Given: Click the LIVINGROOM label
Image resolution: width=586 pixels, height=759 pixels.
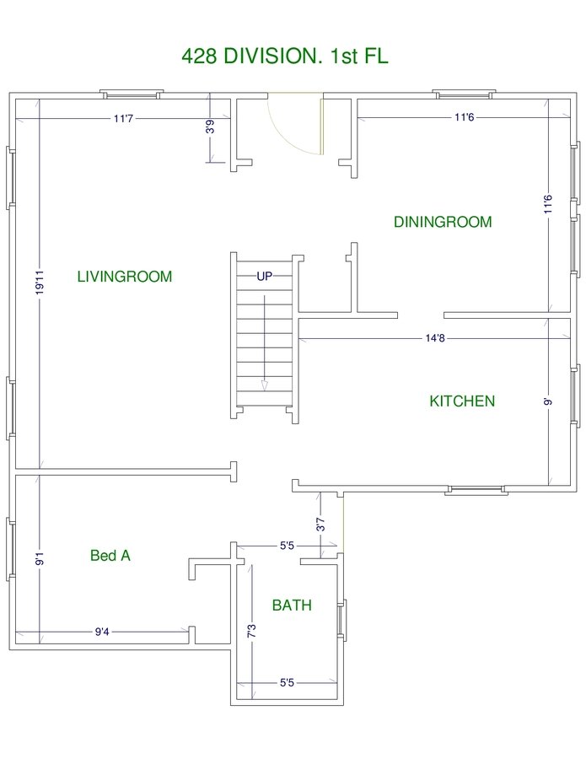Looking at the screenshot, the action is coord(125,277).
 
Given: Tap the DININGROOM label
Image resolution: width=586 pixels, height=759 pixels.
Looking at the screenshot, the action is coord(443,222).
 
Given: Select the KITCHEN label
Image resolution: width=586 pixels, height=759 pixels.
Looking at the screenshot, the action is coord(462,401).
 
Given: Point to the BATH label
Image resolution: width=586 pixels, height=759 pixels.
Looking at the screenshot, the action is coord(292,605).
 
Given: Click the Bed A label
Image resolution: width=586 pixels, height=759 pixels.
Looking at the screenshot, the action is coord(110,555).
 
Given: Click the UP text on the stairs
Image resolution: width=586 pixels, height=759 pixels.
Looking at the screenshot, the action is coord(264,276).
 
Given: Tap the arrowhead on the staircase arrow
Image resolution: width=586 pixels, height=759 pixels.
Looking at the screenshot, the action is coord(264,385).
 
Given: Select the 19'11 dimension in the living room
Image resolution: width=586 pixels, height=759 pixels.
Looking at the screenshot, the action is coord(40,283).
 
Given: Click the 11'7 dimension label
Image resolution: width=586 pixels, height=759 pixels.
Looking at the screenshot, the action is coord(123,118).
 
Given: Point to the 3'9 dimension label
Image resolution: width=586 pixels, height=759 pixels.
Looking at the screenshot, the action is coord(210,126).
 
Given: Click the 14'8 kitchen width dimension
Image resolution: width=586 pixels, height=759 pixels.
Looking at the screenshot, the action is coord(435,338).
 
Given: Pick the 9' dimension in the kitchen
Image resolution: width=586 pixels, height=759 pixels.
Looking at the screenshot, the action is coord(548,401).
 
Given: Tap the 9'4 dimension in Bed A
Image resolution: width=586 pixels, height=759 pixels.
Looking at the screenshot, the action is coord(102,632).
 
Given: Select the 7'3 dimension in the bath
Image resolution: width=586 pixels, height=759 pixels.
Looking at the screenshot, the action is coord(251,631).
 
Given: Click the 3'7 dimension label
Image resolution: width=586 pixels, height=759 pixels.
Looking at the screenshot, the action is coord(320,525).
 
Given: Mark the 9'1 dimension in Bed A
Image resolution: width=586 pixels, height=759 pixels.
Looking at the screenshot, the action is coord(40,558).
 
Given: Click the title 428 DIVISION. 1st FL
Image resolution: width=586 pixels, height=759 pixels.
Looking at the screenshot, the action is coord(285,57).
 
